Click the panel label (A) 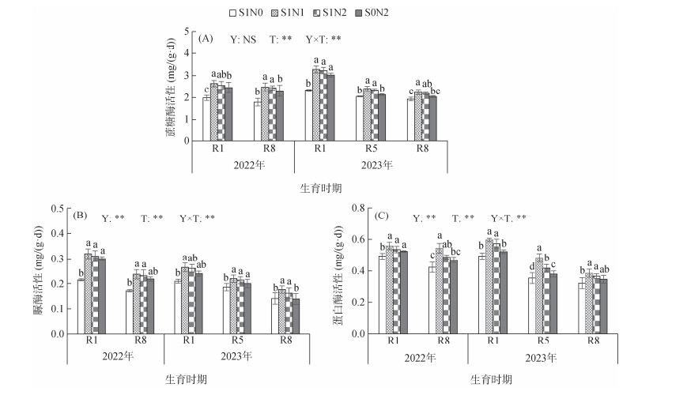coord(206,39)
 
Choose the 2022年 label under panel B coord(116,355)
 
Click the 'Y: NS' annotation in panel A coord(243,39)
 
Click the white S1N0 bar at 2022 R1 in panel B coord(80,307)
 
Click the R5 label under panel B coord(236,340)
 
